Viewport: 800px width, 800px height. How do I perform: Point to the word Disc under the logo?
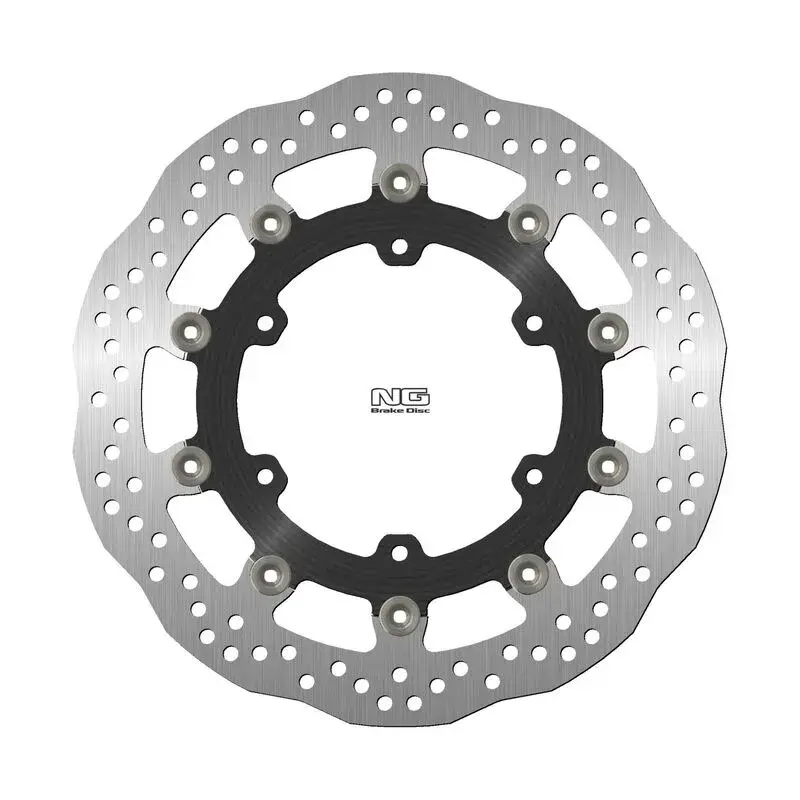(x=414, y=397)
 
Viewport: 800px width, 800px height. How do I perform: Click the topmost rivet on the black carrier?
(x=400, y=180)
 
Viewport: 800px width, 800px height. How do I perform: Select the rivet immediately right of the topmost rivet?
(x=525, y=221)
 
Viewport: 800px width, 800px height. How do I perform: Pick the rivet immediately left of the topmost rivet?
(x=274, y=221)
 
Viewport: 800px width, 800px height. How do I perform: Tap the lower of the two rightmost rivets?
(x=603, y=461)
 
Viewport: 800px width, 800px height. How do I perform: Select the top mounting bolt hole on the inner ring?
(x=400, y=243)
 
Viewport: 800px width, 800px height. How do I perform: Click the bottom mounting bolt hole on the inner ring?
(x=400, y=548)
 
